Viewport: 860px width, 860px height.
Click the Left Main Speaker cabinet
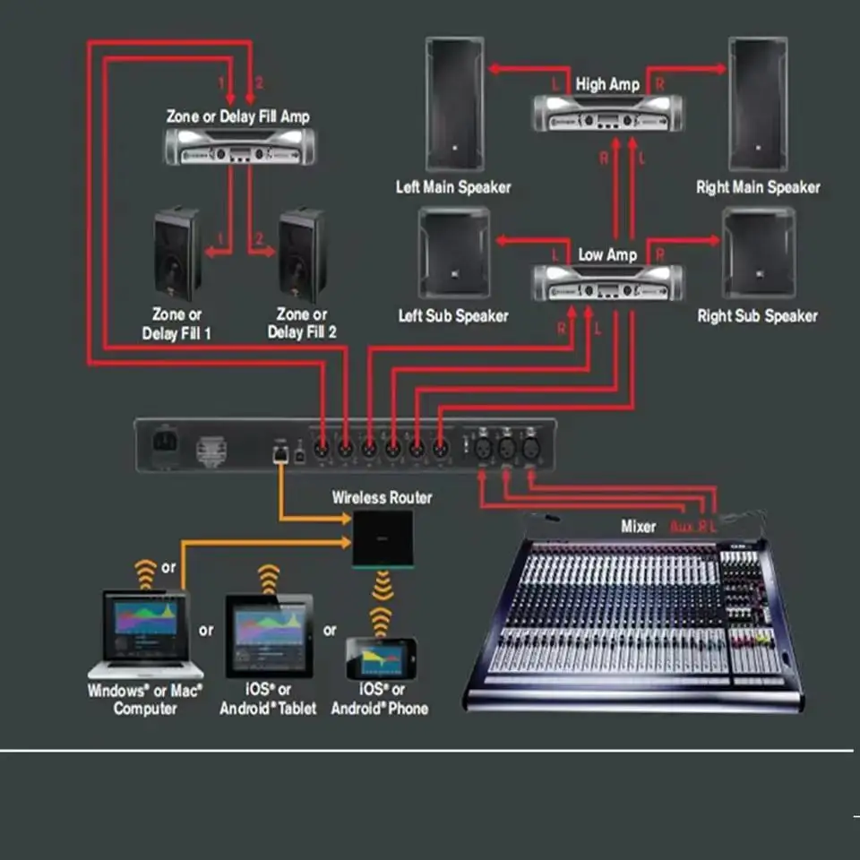[x=454, y=104]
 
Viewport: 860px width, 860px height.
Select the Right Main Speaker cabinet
[x=758, y=104]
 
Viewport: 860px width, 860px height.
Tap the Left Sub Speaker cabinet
[x=454, y=253]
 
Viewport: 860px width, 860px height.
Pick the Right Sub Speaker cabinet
[x=758, y=253]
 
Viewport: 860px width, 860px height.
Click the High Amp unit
[x=606, y=113]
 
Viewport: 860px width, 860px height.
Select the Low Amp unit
[x=606, y=283]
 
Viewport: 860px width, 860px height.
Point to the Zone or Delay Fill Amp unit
[x=239, y=146]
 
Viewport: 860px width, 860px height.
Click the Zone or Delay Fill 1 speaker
[x=176, y=254]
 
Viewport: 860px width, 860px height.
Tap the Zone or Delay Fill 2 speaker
[x=302, y=254]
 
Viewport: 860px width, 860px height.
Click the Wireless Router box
[x=383, y=538]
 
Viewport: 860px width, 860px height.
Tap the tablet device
[x=269, y=635]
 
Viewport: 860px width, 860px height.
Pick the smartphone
[x=382, y=658]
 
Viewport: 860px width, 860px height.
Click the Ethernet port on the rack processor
[x=279, y=454]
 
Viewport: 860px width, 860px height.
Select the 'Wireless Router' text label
[x=382, y=497]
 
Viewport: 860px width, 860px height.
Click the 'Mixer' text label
[x=639, y=527]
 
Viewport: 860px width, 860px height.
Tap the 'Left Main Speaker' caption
[x=453, y=187]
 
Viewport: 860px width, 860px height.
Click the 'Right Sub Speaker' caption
[x=758, y=315]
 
